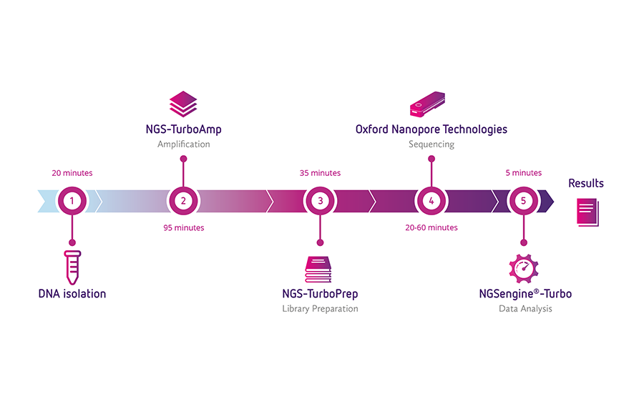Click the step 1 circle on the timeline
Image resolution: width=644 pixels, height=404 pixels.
72,201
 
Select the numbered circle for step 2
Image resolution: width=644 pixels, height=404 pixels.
183,201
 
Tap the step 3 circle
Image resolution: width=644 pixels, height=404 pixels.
320,201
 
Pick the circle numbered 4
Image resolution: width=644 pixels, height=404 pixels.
431,201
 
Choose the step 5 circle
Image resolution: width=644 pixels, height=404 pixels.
523,201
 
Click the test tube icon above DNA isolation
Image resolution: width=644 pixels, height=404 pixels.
72,267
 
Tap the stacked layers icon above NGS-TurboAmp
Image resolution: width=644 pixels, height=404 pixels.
183,104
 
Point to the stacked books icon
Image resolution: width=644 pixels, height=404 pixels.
318,270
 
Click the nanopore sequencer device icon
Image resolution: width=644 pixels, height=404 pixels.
428,104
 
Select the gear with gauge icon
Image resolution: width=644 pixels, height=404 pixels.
524,269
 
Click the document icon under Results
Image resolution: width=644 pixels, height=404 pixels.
587,212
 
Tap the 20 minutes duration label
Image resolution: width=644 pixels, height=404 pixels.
72,173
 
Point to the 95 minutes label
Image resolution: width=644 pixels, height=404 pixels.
184,227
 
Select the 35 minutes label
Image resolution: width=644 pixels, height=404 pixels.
320,173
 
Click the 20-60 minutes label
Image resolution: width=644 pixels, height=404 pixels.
431,227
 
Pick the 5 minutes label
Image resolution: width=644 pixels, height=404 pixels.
524,173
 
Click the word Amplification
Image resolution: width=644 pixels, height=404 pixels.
184,144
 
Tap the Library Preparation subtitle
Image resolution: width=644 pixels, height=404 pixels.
320,309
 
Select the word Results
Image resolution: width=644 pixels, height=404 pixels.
586,183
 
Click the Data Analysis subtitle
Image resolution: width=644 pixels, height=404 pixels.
525,309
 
